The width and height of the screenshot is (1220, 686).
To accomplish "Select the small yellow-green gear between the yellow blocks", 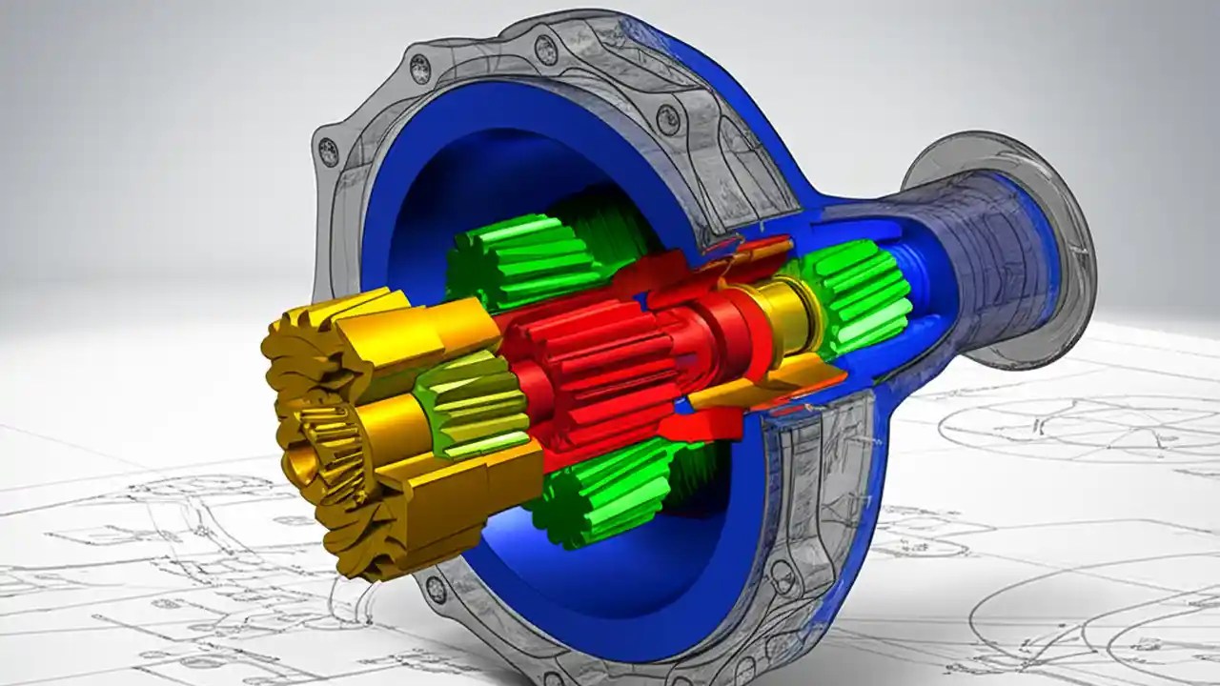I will (x=473, y=406).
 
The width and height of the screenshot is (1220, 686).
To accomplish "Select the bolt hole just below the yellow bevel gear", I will (x=437, y=588).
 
